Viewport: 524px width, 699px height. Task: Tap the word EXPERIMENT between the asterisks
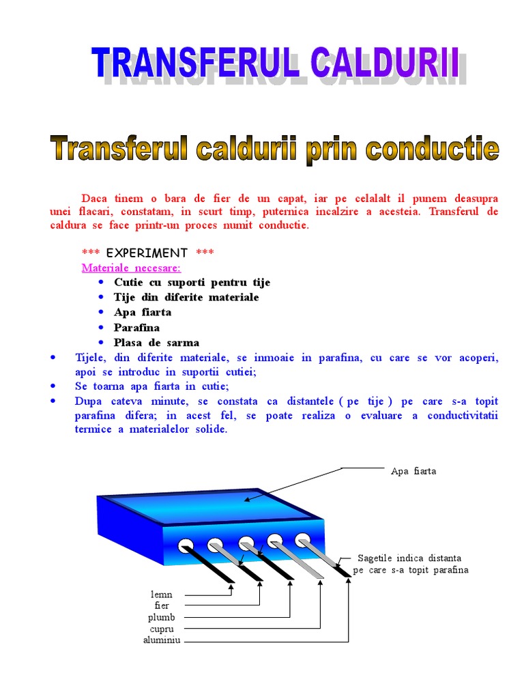coord(147,253)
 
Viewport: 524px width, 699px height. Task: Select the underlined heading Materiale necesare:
coord(131,267)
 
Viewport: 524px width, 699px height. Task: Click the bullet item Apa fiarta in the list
coord(143,312)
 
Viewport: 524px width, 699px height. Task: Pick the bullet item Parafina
coord(136,327)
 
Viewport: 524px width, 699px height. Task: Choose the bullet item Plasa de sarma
coord(156,342)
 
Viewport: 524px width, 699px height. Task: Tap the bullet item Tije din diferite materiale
coord(186,297)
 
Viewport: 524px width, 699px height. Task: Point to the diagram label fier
coord(162,605)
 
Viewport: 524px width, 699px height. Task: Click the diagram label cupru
coord(162,628)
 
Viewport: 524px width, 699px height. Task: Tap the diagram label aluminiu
coord(162,640)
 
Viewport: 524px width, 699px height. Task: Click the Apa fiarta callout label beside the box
coord(413,471)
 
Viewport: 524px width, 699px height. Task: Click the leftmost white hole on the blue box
coord(186,545)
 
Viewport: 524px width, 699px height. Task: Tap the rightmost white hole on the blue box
coord(303,539)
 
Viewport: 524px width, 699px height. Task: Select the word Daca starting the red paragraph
coord(94,199)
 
